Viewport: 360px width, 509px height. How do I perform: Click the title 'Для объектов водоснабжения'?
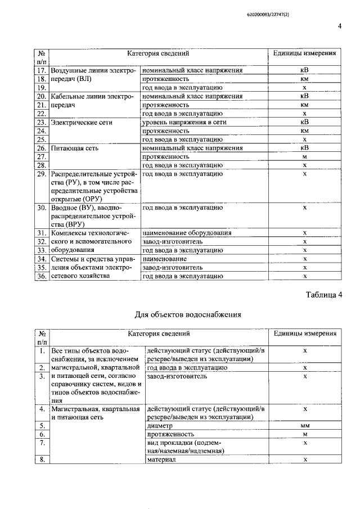coord(188,314)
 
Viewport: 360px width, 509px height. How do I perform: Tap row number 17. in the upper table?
coord(41,71)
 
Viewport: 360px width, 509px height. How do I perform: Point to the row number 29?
coord(41,174)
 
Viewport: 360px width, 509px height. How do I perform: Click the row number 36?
coord(41,276)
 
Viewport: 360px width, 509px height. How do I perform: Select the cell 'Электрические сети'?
coord(82,122)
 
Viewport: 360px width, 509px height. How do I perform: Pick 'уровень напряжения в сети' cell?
coord(184,122)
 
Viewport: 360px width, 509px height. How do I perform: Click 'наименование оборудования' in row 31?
coord(187,233)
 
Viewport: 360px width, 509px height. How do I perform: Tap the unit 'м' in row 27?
coord(304,157)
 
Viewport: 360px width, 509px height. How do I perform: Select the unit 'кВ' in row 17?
coord(304,71)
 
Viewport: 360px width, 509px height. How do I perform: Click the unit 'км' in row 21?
coord(304,105)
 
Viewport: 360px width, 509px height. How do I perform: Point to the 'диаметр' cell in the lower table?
coord(160,426)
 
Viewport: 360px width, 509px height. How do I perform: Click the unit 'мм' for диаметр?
coord(304,426)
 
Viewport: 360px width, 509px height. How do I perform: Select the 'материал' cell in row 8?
coord(161,460)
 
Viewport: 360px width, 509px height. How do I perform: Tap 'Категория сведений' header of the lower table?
coord(157,334)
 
